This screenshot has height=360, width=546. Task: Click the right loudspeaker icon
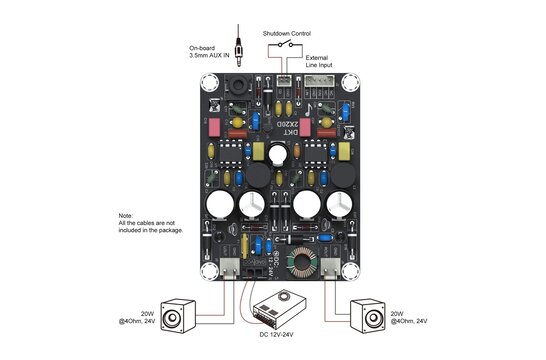(369, 317)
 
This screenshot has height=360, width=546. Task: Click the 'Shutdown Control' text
(286, 33)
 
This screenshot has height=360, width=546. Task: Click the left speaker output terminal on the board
(229, 269)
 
